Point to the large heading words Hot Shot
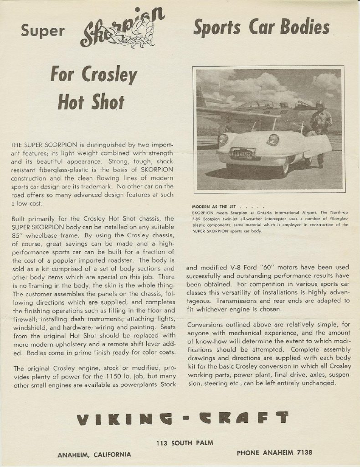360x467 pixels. click(x=91, y=102)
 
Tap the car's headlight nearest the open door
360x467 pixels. click(x=273, y=140)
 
